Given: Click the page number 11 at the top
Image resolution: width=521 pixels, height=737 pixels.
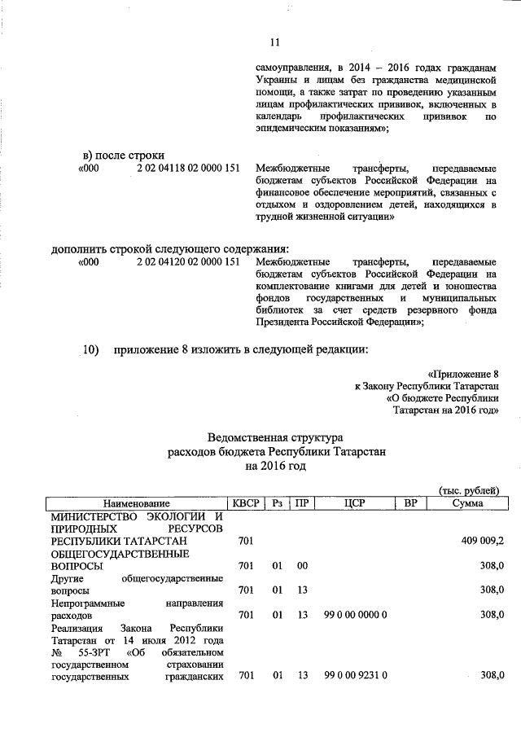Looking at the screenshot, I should click(274, 43).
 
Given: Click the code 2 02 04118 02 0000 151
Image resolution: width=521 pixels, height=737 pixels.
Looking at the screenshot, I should click(188, 168).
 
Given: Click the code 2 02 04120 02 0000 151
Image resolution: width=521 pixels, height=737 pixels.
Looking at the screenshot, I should click(188, 262).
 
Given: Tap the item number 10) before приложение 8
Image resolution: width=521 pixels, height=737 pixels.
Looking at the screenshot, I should click(91, 350).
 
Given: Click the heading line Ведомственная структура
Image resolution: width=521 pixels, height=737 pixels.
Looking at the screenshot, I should click(276, 436).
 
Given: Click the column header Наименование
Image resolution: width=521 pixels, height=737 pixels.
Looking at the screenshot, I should click(136, 503).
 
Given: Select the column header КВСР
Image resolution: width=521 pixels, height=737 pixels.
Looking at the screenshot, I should click(245, 503).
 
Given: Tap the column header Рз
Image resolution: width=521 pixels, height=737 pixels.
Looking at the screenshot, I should click(278, 503).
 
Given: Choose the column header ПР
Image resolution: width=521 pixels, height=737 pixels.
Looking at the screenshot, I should click(302, 503).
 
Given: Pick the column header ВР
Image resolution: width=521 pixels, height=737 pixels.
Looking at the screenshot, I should click(410, 503).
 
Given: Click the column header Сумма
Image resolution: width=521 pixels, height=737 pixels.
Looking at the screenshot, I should click(467, 503).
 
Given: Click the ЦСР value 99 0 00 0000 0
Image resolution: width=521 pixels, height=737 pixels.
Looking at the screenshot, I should click(354, 615).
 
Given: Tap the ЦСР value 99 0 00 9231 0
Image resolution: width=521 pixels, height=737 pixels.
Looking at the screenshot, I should click(354, 676).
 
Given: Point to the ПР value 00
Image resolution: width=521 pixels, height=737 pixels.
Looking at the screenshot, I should click(302, 565).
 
